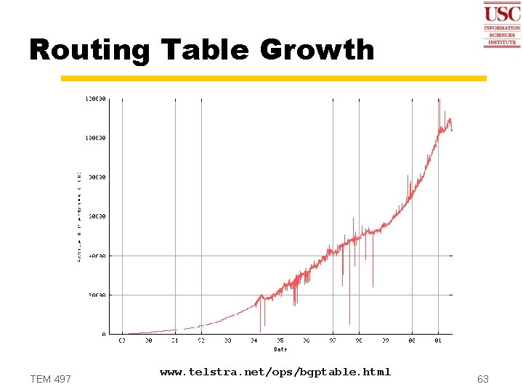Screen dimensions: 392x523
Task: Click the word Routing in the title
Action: pyautogui.click(x=89, y=50)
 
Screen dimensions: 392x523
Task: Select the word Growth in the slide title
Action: pyautogui.click(x=317, y=50)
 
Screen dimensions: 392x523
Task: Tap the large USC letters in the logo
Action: pyautogui.click(x=502, y=13)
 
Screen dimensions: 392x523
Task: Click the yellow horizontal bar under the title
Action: pyautogui.click(x=273, y=78)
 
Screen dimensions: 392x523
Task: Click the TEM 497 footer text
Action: pyautogui.click(x=51, y=379)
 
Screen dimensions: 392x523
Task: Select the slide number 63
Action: pyautogui.click(x=483, y=379)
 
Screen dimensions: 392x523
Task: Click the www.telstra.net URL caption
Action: pyautogui.click(x=275, y=372)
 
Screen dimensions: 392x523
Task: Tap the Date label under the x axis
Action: pyautogui.click(x=280, y=349)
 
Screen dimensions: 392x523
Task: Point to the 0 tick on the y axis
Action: pyautogui.click(x=103, y=335)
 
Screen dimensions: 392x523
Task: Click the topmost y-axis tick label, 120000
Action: pyautogui.click(x=96, y=98)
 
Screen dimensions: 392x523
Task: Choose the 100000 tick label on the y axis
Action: pyautogui.click(x=96, y=137)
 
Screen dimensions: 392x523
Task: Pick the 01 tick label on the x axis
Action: pyautogui.click(x=438, y=340)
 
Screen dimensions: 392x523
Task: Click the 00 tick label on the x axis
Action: pyautogui.click(x=412, y=340)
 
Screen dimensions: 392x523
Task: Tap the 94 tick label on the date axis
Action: pyautogui.click(x=254, y=340)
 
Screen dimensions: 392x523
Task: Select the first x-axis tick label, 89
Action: pyautogui.click(x=122, y=340)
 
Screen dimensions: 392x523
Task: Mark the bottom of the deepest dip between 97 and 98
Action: pyautogui.click(x=349, y=324)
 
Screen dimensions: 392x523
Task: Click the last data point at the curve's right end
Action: pyautogui.click(x=452, y=131)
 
